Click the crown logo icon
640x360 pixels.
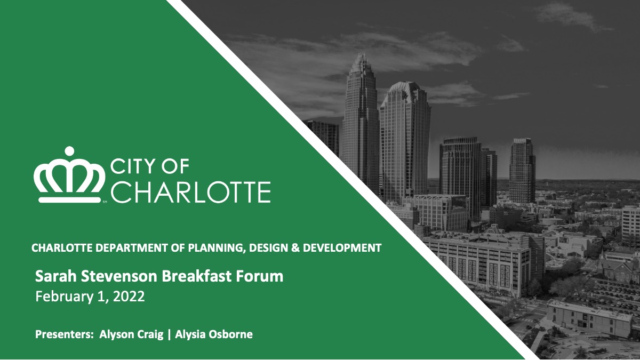pyautogui.click(x=69, y=175)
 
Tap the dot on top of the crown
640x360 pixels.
pyautogui.click(x=69, y=151)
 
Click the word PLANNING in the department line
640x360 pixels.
pyautogui.click(x=216, y=248)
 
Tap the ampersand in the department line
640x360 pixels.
pyautogui.click(x=295, y=248)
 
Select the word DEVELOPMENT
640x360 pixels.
pyautogui.click(x=342, y=248)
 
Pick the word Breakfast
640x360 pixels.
pyautogui.click(x=197, y=276)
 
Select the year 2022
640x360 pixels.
pyautogui.click(x=129, y=297)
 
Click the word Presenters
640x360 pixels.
pyautogui.click(x=65, y=334)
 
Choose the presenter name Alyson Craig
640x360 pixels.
pyautogui.click(x=131, y=334)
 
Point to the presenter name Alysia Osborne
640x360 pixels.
pyautogui.click(x=214, y=334)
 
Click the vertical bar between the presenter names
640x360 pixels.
pyautogui.click(x=170, y=334)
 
